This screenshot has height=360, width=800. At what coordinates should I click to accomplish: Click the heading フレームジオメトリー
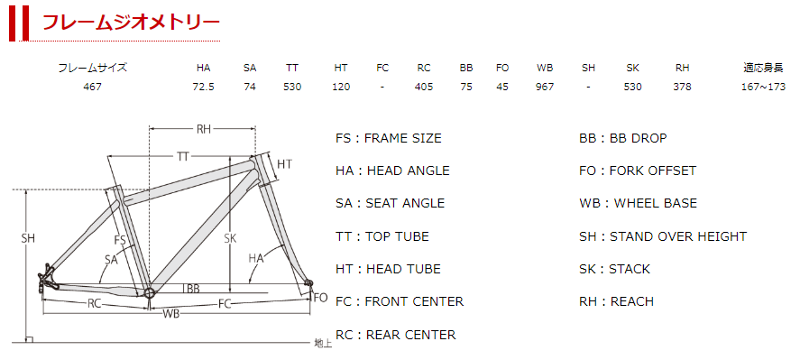[131, 22]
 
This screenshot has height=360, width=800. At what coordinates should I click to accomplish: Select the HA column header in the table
[203, 68]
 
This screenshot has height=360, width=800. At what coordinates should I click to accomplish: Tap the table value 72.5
[203, 87]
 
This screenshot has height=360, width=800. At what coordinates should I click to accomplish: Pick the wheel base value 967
[545, 87]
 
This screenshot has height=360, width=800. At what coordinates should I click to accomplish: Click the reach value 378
[682, 87]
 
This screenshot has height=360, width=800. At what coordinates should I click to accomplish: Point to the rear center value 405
[424, 87]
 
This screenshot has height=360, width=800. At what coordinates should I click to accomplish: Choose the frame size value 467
[92, 87]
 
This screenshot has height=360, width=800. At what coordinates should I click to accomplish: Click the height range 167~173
[763, 87]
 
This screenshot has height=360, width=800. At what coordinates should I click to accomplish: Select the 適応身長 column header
[763, 68]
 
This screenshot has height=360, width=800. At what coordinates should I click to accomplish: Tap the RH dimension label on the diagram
[204, 129]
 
